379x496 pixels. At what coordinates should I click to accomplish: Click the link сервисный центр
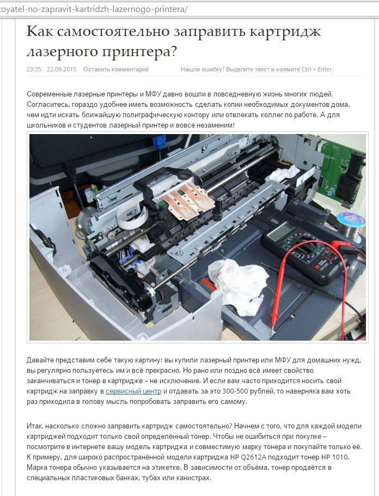pyautogui.click(x=133, y=391)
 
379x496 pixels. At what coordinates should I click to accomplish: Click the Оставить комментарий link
pyautogui.click(x=116, y=69)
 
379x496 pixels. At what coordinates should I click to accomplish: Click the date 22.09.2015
pyautogui.click(x=62, y=69)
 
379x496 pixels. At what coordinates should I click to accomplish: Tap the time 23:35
pyautogui.click(x=34, y=69)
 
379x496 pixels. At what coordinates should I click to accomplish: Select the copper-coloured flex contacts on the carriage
pyautogui.click(x=186, y=199)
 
